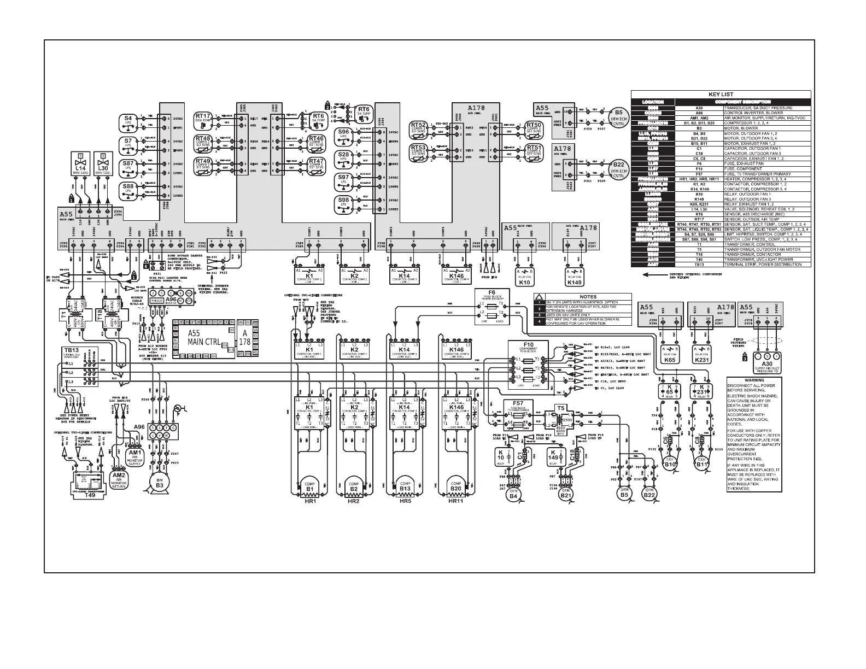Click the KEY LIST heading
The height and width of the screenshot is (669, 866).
pyautogui.click(x=721, y=94)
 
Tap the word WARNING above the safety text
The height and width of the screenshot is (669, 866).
pyautogui.click(x=754, y=380)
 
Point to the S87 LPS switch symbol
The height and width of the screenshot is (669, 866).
pyautogui.click(x=128, y=167)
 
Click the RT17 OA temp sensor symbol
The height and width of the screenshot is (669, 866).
pyautogui.click(x=203, y=119)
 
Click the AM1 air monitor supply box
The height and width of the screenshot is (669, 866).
pyautogui.click(x=134, y=456)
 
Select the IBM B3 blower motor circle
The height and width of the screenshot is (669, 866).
pyautogui.click(x=160, y=482)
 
